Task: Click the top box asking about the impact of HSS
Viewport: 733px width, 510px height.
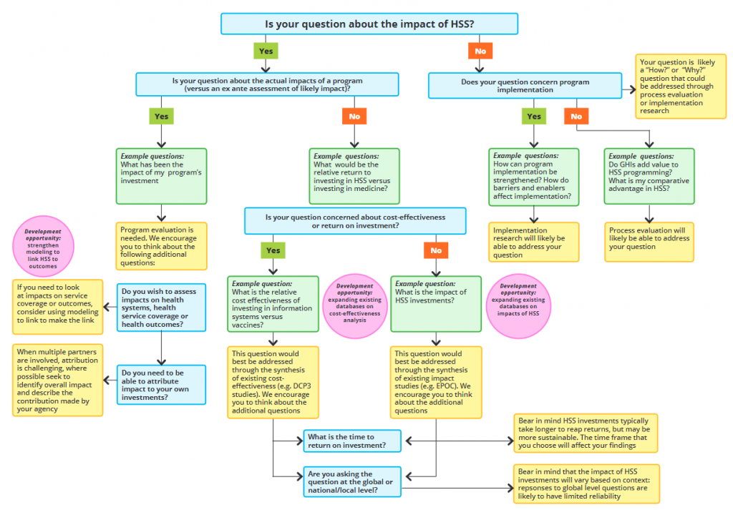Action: point(369,24)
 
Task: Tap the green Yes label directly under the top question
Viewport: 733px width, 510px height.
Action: point(265,51)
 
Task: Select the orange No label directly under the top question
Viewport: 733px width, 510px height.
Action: point(480,51)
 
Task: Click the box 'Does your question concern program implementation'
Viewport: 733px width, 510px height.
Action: point(525,86)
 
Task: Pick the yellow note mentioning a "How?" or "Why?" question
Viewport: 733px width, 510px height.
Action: point(681,86)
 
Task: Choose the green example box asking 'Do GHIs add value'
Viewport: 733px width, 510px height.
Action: point(649,176)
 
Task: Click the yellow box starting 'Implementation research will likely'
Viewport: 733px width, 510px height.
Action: point(533,242)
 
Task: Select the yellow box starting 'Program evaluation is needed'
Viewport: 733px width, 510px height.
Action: point(161,245)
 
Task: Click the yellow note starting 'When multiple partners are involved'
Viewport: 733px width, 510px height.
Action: point(57,381)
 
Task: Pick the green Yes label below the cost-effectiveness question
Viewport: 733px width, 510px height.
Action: point(273,250)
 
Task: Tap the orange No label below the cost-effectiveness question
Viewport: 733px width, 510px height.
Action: point(436,250)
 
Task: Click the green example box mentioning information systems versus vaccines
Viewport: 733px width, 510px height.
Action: point(273,304)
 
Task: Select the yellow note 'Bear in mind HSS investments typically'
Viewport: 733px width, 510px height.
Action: point(585,433)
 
